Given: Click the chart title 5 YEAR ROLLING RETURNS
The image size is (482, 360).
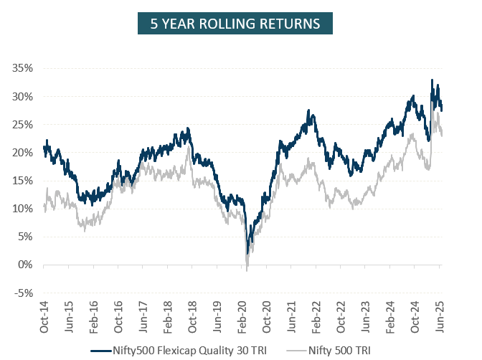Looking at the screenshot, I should pyautogui.click(x=235, y=24).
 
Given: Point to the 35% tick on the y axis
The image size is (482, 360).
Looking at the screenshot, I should pyautogui.click(x=22, y=68).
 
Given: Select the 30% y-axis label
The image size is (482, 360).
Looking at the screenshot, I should pyautogui.click(x=22, y=96).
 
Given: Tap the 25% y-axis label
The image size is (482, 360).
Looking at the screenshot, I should pyautogui.click(x=22, y=124).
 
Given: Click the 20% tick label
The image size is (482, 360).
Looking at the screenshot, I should pyautogui.click(x=22, y=152).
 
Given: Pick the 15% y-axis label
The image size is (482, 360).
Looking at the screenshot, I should pyautogui.click(x=22, y=181).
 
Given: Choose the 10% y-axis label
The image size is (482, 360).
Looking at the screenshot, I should pyautogui.click(x=22, y=209).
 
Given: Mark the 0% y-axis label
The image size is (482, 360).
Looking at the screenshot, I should pyautogui.click(x=25, y=265).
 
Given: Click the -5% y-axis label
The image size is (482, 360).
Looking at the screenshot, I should pyautogui.click(x=24, y=293).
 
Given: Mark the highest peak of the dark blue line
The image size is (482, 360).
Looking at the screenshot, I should pyautogui.click(x=432, y=80).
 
